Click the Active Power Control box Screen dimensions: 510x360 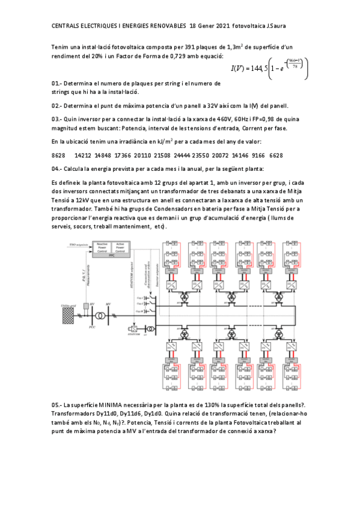(120, 247)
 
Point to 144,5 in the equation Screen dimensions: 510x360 (251, 67)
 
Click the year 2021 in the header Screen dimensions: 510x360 (221, 26)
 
